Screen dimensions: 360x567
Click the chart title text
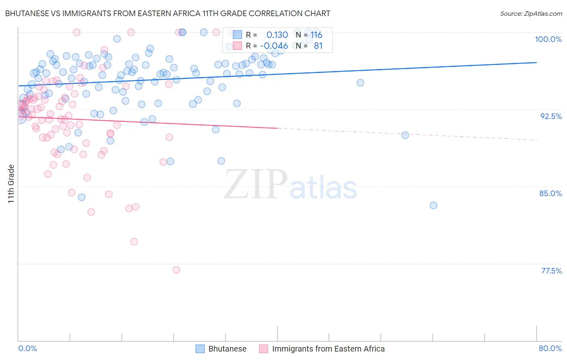pos(167,13)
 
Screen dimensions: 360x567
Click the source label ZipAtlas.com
pos(531,13)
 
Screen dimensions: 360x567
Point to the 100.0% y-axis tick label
pos(548,39)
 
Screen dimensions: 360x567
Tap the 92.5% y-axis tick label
pos(551,116)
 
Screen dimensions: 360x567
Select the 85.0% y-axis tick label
pos(550,193)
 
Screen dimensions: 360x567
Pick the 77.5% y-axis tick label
pos(551,271)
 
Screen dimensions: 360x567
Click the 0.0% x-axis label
pos(27,348)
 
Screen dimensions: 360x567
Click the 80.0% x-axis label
pos(550,348)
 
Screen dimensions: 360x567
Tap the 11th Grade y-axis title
pos(11,184)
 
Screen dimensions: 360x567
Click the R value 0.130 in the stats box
pos(277,35)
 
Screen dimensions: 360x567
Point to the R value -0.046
pos(274,46)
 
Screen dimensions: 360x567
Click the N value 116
pos(316,35)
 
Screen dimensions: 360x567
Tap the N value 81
pos(318,46)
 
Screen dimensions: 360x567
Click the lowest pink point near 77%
pos(176,270)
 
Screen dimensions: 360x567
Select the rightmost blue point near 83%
pos(434,205)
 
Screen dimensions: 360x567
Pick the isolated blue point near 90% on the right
pos(405,135)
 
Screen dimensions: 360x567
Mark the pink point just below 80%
pos(134,242)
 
